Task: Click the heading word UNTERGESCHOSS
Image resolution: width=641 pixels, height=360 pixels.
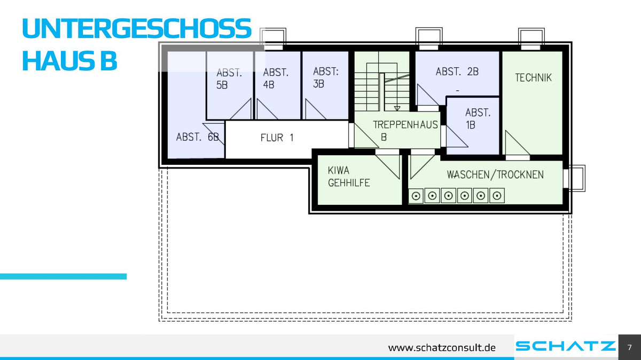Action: pyautogui.click(x=137, y=28)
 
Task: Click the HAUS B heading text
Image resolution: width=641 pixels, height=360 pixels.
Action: pyautogui.click(x=69, y=61)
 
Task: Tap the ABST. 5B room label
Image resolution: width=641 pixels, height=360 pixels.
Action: pyautogui.click(x=229, y=79)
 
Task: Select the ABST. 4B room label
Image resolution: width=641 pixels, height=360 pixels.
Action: pyautogui.click(x=276, y=78)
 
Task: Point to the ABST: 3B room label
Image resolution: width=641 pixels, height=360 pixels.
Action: pyautogui.click(x=326, y=77)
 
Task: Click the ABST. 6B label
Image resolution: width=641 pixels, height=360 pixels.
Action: pyautogui.click(x=198, y=137)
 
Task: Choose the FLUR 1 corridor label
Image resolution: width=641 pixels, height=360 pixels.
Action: pyautogui.click(x=277, y=138)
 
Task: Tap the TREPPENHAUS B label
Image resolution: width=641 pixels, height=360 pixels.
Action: pyautogui.click(x=405, y=131)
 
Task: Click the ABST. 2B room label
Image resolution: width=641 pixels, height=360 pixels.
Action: pyautogui.click(x=457, y=71)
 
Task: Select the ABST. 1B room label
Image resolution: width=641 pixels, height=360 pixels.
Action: pyautogui.click(x=478, y=119)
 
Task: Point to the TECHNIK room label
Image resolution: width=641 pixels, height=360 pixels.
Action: pyautogui.click(x=533, y=78)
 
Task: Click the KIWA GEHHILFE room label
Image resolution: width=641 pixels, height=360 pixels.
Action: pyautogui.click(x=348, y=177)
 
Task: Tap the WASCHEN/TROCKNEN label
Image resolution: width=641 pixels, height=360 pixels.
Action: pyautogui.click(x=495, y=174)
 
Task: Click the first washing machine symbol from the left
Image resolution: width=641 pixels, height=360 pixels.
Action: pyautogui.click(x=416, y=196)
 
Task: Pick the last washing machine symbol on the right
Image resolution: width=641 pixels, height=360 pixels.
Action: pyautogui.click(x=497, y=196)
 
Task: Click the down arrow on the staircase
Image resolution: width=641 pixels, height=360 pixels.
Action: pyautogui.click(x=397, y=108)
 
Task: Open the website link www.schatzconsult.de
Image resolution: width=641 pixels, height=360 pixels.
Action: pyautogui.click(x=442, y=348)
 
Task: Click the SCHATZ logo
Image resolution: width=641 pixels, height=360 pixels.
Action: pyautogui.click(x=566, y=346)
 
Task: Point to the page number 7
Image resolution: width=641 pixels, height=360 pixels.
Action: pyautogui.click(x=630, y=347)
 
